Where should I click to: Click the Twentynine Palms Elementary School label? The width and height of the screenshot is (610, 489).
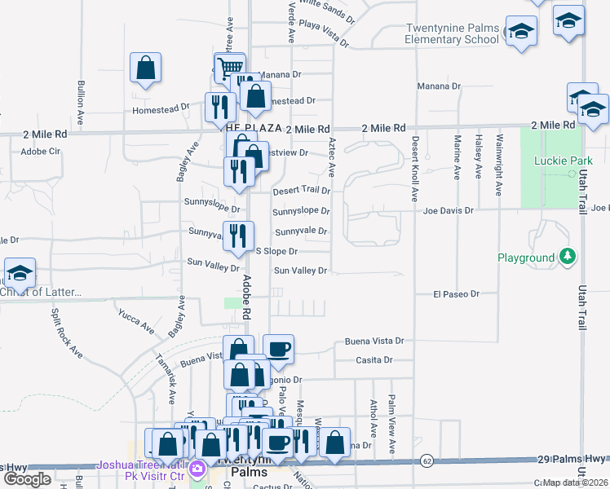point(452,33)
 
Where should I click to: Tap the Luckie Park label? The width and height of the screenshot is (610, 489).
point(555,161)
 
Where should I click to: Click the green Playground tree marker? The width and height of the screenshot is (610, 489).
point(568,258)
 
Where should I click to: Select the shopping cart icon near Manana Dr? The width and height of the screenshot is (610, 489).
point(230,67)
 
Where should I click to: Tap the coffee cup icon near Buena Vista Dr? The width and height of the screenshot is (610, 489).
point(278,348)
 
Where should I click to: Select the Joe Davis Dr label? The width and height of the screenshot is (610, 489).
point(448,210)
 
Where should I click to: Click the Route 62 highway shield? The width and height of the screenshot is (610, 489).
point(427,461)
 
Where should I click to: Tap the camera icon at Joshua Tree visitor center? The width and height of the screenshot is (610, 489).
point(197,469)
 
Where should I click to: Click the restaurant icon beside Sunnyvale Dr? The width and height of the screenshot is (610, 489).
point(238,236)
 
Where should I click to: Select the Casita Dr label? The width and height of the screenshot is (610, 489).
point(374,360)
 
